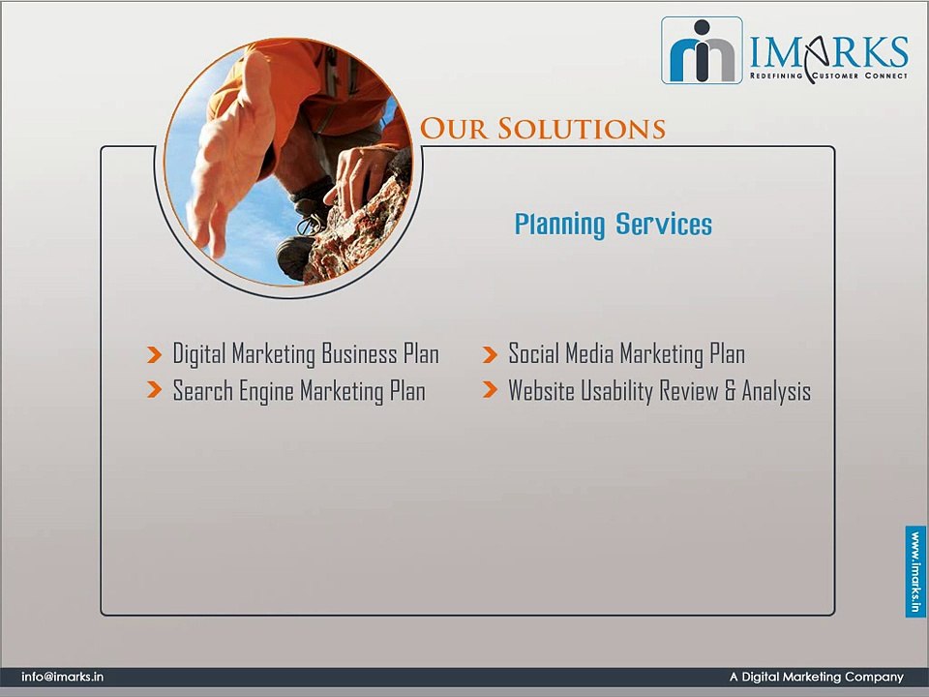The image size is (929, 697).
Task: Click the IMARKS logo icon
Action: click(x=702, y=50)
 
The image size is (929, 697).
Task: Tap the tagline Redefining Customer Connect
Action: click(x=828, y=75)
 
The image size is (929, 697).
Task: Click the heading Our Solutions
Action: click(x=543, y=129)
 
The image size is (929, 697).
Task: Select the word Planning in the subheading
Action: click(x=559, y=226)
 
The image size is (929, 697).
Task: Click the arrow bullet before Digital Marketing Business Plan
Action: click(x=154, y=355)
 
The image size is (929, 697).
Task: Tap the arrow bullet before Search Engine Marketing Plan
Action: click(x=154, y=391)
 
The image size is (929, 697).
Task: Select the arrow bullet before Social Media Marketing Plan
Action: click(x=490, y=355)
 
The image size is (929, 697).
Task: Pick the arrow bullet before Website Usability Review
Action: click(x=490, y=391)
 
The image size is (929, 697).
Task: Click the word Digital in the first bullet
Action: click(x=199, y=354)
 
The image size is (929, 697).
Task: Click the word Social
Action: click(x=533, y=354)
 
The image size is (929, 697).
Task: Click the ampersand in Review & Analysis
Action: click(x=731, y=391)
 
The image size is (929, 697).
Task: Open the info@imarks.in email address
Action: click(x=62, y=678)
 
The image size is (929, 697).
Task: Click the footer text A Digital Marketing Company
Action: click(x=816, y=678)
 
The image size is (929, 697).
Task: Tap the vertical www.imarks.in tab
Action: click(x=915, y=571)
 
